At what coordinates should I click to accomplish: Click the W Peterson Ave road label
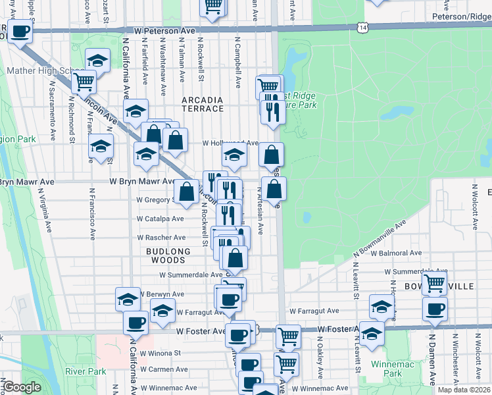(x=164, y=31)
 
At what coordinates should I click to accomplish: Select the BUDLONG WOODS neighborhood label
(x=168, y=256)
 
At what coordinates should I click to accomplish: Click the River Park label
(x=86, y=371)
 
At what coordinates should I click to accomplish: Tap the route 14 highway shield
(x=363, y=27)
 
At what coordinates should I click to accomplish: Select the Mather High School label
(x=36, y=70)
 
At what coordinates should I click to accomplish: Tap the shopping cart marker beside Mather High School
(x=84, y=82)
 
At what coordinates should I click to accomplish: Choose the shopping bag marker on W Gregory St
(x=186, y=192)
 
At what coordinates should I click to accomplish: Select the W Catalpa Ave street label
(x=161, y=218)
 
